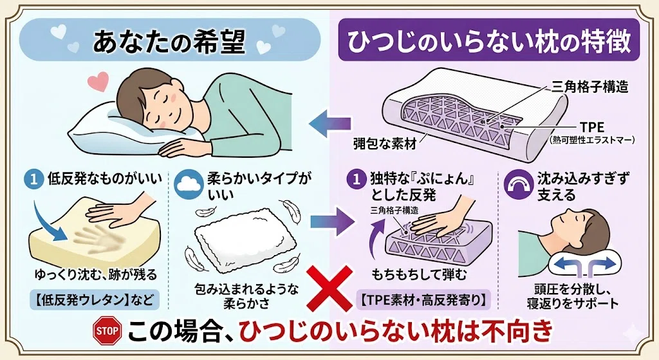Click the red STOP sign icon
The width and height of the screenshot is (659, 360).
(x=107, y=330)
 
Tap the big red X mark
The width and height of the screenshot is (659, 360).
(x=329, y=289)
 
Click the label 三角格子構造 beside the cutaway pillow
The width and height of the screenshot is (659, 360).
(x=589, y=87)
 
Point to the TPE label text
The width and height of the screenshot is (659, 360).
(x=592, y=127)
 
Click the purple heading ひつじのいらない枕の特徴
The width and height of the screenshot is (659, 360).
(x=489, y=41)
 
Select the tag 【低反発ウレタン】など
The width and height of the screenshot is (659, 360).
(x=95, y=299)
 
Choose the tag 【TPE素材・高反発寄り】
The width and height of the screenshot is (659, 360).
(x=423, y=299)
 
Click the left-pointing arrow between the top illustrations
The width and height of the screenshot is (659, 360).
(x=330, y=124)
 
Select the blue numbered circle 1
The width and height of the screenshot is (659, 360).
(x=34, y=179)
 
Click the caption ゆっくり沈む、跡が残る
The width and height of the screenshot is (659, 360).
(x=96, y=274)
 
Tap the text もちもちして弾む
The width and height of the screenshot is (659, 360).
(x=419, y=274)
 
